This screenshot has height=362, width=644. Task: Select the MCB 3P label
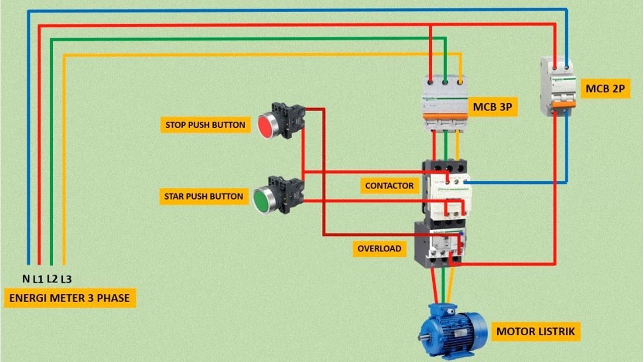495,107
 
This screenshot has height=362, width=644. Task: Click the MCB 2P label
605,89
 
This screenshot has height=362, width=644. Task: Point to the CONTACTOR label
389,186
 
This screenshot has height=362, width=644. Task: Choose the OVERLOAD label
379,248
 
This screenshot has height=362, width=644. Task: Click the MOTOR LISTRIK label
535,332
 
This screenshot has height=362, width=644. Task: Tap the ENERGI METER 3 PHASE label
69,298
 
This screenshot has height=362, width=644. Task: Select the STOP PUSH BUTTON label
205,125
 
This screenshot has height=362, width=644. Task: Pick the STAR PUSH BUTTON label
203,196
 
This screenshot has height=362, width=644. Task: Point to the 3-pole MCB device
445,103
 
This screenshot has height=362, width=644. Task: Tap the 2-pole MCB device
557,86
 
